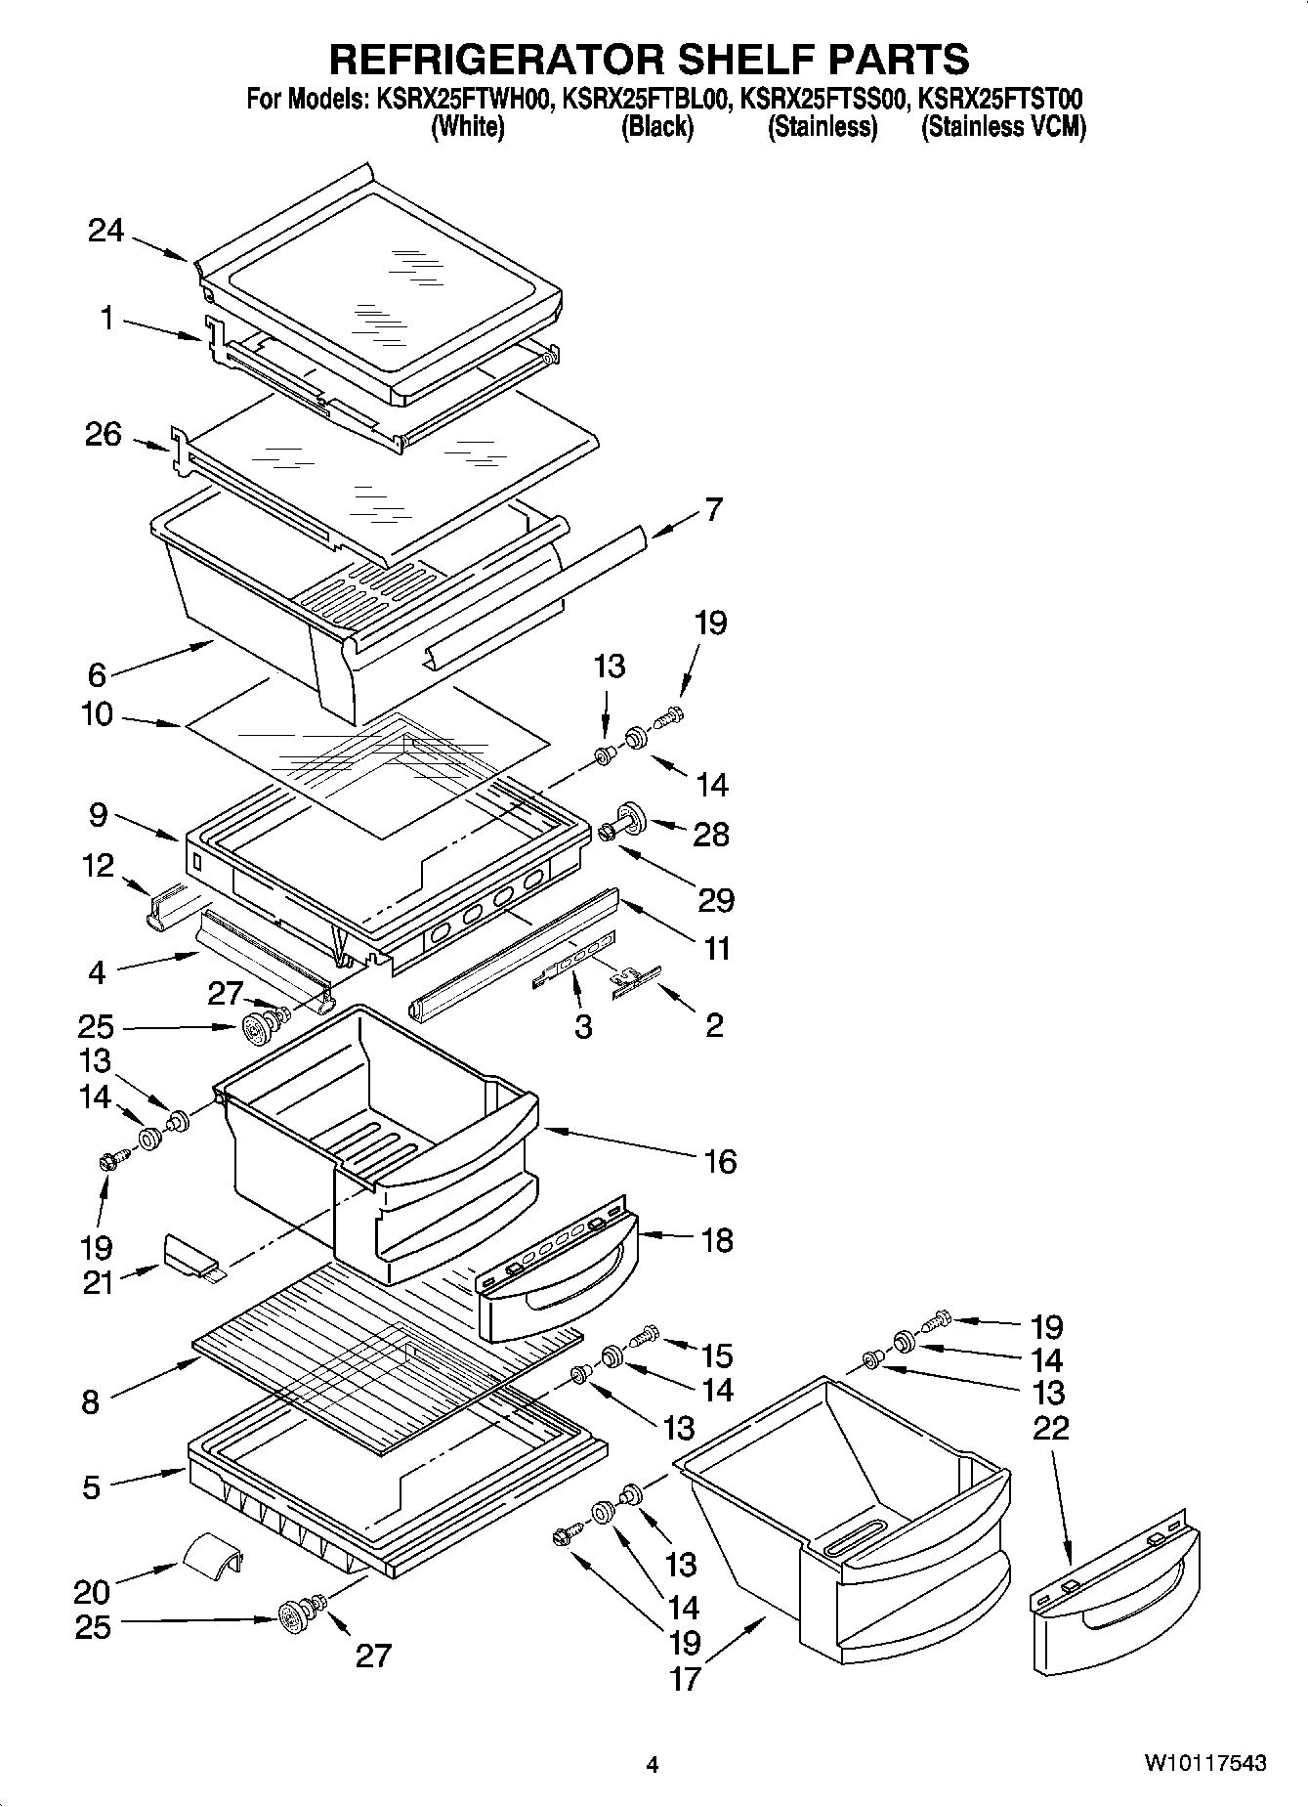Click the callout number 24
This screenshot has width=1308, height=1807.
pos(105,232)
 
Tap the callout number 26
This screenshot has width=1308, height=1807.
pos(103,435)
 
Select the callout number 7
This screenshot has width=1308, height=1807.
pos(713,510)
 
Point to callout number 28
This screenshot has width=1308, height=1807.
pos(710,835)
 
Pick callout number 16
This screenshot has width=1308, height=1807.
pos(719,1162)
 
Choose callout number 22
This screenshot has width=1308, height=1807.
pos(1050,1428)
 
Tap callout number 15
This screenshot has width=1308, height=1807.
pos(717,1355)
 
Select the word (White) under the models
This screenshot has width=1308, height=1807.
pos(468,127)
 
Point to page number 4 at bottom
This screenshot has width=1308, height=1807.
pos(653,1764)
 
